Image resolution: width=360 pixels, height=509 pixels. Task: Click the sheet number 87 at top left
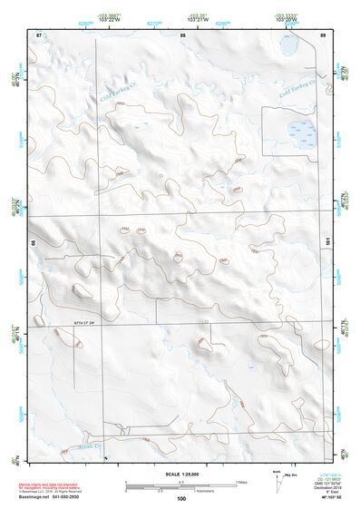pyautogui.click(x=38, y=34)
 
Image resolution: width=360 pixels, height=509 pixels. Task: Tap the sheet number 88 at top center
pyautogui.click(x=182, y=34)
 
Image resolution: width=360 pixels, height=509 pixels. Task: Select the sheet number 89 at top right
pyautogui.click(x=322, y=34)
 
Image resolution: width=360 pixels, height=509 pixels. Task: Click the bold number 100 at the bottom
pyautogui.click(x=181, y=498)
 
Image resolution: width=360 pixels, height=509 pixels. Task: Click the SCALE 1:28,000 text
pyautogui.click(x=181, y=474)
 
